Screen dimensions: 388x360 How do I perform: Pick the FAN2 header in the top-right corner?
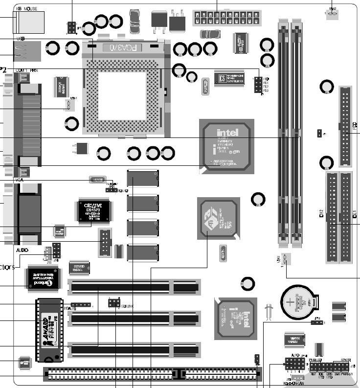333,15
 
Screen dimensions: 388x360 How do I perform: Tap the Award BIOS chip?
49,328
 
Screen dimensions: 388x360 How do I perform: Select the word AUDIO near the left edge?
22,249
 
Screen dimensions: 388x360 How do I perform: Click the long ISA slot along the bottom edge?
152,375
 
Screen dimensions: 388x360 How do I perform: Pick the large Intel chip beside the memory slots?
226,146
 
